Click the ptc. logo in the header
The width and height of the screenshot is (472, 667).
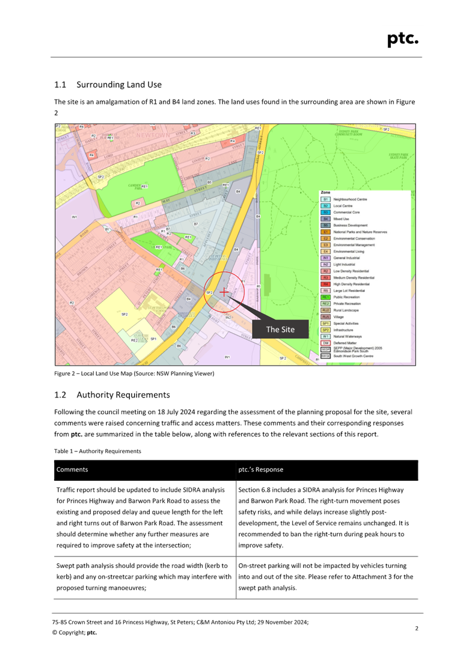[x=402, y=39]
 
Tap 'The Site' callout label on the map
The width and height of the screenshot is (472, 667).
[x=280, y=330]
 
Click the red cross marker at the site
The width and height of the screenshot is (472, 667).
[x=224, y=292]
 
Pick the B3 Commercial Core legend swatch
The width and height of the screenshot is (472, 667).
[x=325, y=213]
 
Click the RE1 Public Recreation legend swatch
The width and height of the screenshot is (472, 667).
[x=325, y=297]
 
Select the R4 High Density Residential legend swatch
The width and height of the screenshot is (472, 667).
[x=325, y=284]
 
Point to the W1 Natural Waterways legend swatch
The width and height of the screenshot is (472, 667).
[x=325, y=336]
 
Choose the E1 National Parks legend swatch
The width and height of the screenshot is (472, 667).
[x=325, y=232]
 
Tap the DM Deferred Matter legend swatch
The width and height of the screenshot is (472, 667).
[x=325, y=343]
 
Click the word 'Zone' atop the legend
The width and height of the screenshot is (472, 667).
[x=325, y=193]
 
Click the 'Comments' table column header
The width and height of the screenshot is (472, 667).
[x=72, y=469]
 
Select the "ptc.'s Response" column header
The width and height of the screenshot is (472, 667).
[x=260, y=469]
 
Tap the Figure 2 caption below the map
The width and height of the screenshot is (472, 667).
[x=134, y=374]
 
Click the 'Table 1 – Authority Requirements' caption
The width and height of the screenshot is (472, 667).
[x=97, y=450]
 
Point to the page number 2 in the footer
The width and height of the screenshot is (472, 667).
[x=417, y=628]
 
